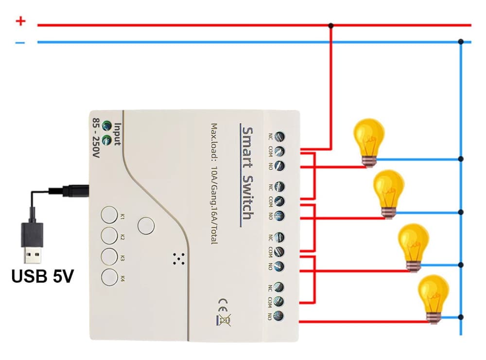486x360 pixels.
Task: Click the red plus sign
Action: point(20,21)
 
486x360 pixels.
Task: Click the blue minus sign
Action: point(20,43)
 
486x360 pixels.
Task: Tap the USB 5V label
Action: point(43,277)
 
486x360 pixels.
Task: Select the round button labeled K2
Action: point(109,237)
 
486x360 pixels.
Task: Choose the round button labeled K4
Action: point(109,278)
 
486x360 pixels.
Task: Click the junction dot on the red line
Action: point(331,25)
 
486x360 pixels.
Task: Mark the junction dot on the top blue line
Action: point(461,42)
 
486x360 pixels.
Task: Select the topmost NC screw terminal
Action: point(279,137)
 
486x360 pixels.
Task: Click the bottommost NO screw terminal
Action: point(279,315)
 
